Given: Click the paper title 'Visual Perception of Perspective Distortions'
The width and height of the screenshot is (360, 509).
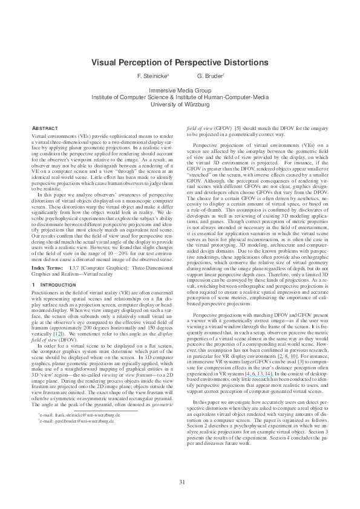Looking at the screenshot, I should (x=180, y=63).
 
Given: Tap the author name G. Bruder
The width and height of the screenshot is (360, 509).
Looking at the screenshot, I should (x=211, y=77).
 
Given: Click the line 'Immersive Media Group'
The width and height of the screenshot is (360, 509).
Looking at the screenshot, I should (x=180, y=89).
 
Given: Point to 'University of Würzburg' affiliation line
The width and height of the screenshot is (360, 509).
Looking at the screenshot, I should (x=180, y=104).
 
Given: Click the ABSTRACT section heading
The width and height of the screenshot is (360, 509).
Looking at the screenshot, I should (x=45, y=129).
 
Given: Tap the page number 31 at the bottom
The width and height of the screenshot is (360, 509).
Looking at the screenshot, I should (x=181, y=482).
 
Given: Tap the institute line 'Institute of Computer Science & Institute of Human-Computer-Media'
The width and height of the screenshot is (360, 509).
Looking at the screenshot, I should (x=180, y=97).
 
